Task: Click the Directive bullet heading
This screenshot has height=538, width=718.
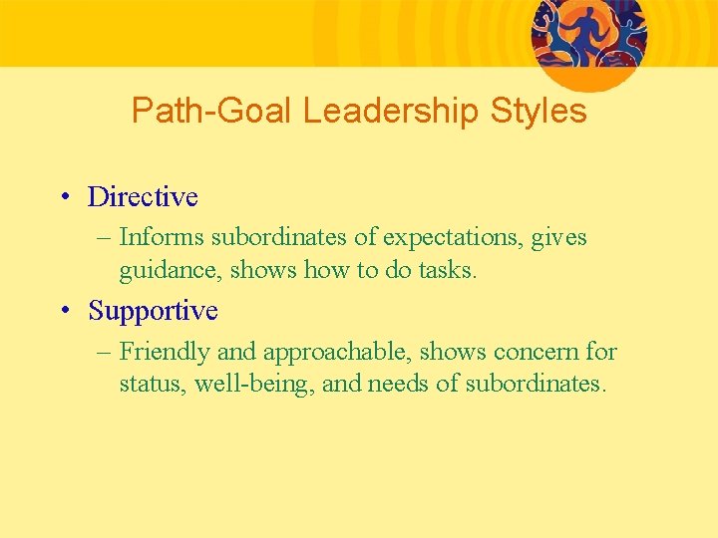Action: pos(143,197)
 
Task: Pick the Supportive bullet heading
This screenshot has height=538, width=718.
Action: pos(153,311)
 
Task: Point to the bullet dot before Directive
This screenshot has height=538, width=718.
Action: pos(64,197)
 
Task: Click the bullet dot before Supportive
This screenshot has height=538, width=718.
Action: pos(64,311)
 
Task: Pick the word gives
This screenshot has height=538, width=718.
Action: pos(559,238)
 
